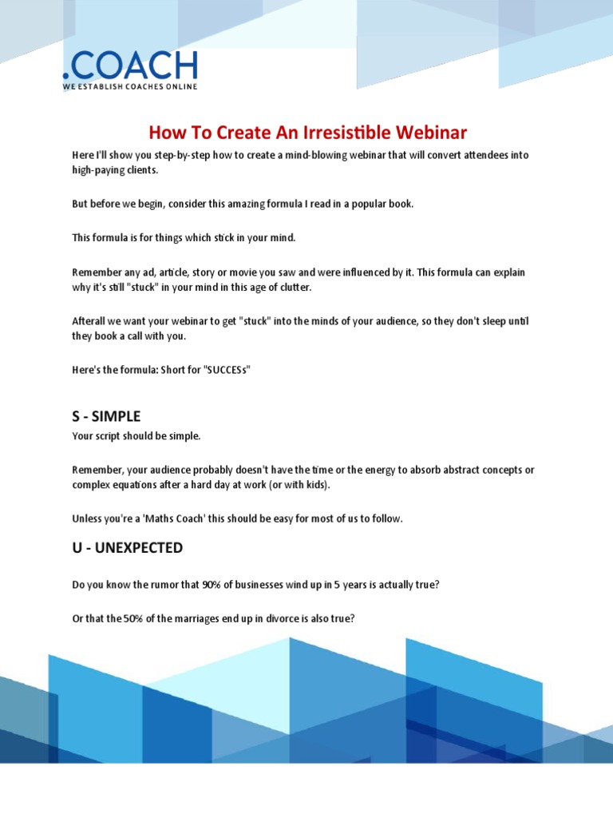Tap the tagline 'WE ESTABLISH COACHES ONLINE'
(x=130, y=86)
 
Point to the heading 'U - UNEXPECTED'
(x=127, y=548)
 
